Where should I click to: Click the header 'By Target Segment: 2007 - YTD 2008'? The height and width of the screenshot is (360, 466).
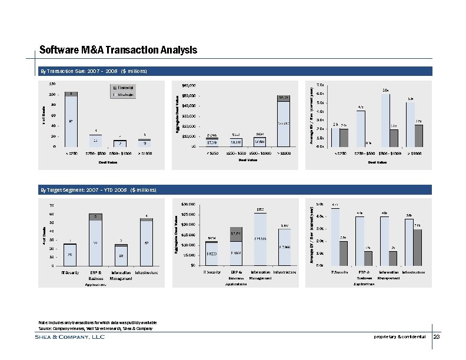pyautogui.click(x=98, y=191)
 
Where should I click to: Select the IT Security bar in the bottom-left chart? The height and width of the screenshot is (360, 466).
pyautogui.click(x=71, y=254)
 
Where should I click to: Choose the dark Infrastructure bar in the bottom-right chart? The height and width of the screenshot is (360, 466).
pyautogui.click(x=417, y=247)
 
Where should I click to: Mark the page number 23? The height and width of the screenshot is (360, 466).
pyautogui.click(x=437, y=337)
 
